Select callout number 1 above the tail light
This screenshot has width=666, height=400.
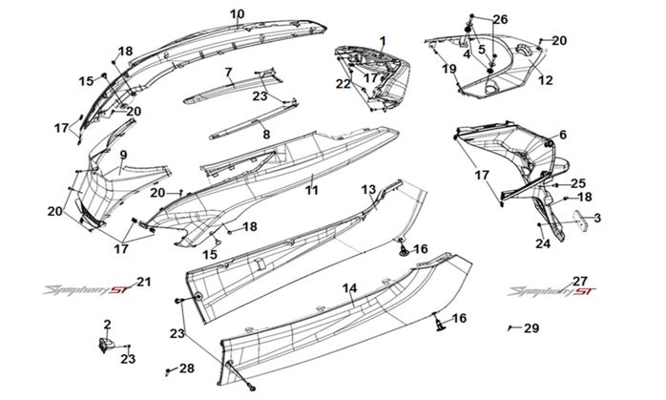[x=382, y=41]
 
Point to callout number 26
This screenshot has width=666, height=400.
[x=500, y=19]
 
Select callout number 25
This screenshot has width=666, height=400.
[x=578, y=182]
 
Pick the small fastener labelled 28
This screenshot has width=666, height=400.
[x=170, y=368]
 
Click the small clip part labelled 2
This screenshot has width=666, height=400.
[x=107, y=340]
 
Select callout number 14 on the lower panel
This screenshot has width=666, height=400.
[x=351, y=287]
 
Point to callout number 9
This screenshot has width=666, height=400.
[x=123, y=154]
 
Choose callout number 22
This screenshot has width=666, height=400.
[x=343, y=84]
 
